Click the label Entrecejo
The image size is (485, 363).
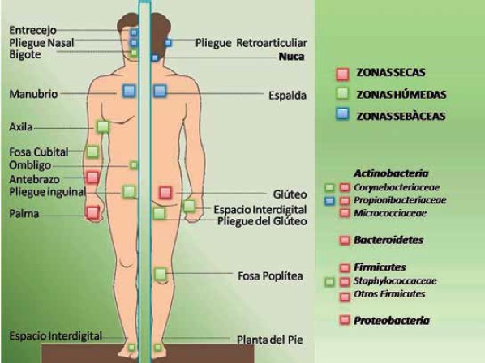(x=32, y=30)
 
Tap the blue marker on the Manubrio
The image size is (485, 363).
(x=129, y=91)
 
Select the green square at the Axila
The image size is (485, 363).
(x=103, y=126)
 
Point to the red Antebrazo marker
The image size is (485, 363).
(x=92, y=177)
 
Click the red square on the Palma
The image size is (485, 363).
(x=92, y=213)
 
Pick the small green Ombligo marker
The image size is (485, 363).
(x=134, y=165)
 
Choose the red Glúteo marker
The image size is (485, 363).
(x=165, y=193)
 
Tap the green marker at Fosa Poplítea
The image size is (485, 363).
(x=161, y=274)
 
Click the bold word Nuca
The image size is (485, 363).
(x=291, y=57)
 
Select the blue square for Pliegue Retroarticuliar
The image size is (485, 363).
(x=168, y=43)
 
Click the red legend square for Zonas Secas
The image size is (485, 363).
(x=342, y=75)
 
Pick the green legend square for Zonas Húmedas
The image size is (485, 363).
(x=342, y=94)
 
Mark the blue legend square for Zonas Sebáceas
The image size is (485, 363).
(x=342, y=114)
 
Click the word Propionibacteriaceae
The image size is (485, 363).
(x=400, y=200)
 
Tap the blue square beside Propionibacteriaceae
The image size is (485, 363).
(x=330, y=201)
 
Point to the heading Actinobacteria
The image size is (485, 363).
(x=391, y=173)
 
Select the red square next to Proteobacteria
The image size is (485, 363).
(x=345, y=320)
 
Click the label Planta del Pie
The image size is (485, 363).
(x=270, y=340)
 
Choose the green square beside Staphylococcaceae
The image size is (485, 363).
(x=330, y=282)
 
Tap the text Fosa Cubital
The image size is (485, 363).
(x=39, y=152)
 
